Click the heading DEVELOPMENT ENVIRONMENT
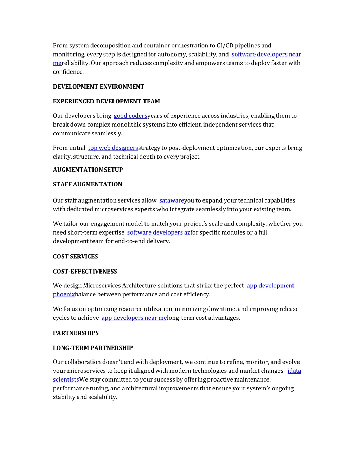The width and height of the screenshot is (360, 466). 98,87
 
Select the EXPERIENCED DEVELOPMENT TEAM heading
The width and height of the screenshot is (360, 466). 106,102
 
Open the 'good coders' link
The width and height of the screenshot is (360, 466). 130,116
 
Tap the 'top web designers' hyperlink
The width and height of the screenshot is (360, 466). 113,148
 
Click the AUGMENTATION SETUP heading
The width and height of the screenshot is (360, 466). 88,170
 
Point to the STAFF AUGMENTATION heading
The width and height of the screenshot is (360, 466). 88,185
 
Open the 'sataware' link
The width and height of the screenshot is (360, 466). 172,201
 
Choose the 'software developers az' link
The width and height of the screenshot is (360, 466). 159,233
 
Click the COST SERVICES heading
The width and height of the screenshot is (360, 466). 75,257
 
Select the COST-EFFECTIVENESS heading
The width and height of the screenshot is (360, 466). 85,272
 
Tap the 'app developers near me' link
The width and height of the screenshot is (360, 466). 134,318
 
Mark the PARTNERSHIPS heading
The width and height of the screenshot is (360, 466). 76,333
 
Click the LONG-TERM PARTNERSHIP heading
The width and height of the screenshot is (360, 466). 93,348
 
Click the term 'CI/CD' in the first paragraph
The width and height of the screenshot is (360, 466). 225,46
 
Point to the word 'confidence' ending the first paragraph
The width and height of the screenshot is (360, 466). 68,72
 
